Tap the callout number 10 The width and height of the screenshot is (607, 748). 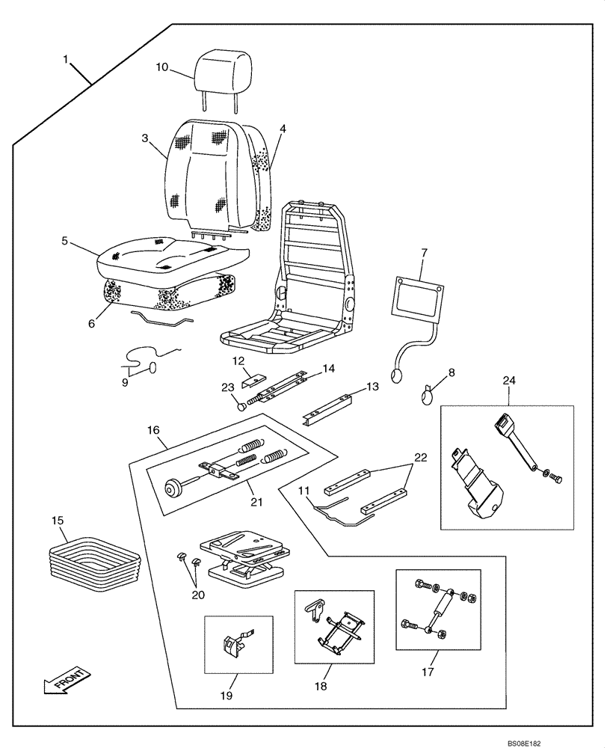click(162, 67)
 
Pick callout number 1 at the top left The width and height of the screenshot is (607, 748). click(68, 58)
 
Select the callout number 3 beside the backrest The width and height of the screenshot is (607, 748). click(145, 138)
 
